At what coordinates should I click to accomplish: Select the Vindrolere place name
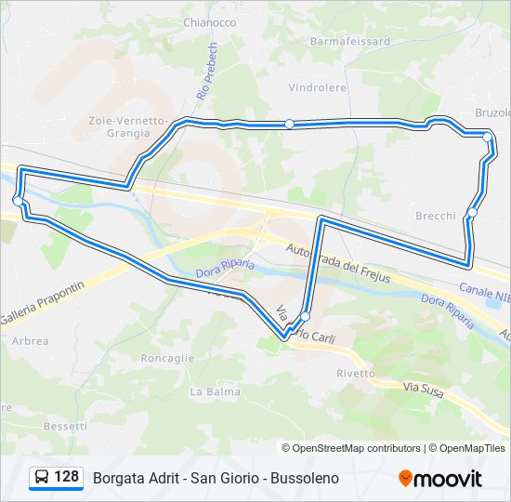click(317, 88)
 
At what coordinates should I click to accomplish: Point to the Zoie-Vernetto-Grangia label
click(126, 126)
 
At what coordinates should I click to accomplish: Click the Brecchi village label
click(436, 216)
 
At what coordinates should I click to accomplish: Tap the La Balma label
click(208, 392)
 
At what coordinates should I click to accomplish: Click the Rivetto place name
click(356, 373)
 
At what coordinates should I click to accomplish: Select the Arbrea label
click(31, 341)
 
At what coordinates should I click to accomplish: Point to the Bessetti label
click(65, 426)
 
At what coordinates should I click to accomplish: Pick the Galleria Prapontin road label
click(37, 310)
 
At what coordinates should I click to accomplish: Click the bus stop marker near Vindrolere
click(290, 124)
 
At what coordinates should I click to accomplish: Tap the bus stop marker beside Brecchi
click(472, 213)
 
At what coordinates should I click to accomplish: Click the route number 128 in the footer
click(66, 477)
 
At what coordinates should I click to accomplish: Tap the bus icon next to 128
click(42, 478)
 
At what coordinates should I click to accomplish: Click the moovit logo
click(440, 478)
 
